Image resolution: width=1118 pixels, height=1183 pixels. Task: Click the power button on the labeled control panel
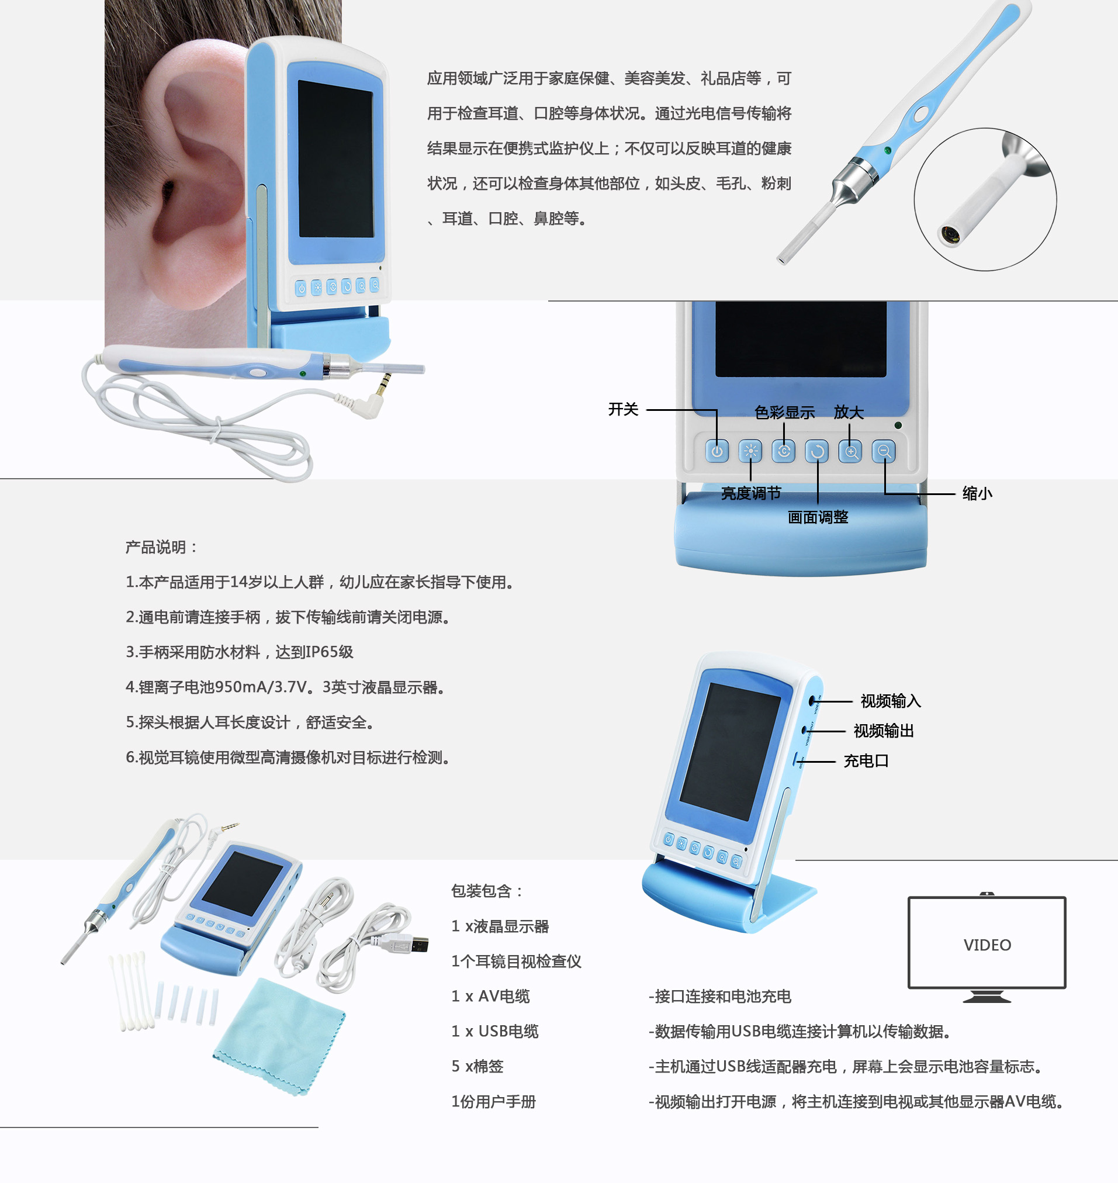coord(717,451)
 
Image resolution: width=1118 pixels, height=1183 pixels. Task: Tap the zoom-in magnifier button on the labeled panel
coord(850,451)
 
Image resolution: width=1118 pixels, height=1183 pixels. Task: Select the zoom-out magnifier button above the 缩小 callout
coord(884,451)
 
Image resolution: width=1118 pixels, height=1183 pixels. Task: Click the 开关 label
coord(623,409)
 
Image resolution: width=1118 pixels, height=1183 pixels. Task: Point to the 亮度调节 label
coord(751,493)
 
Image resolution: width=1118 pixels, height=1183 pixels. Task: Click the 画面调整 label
coord(818,517)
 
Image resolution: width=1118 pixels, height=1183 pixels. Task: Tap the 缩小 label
coord(977,493)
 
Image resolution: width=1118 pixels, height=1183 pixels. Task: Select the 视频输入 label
coord(890,701)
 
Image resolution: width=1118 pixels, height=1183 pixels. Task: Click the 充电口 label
coord(866,760)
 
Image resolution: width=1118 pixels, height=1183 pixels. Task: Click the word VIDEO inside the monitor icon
coord(987,945)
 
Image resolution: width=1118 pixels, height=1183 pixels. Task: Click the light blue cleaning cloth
coord(279,1037)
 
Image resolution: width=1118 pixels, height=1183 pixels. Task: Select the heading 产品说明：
coord(161,546)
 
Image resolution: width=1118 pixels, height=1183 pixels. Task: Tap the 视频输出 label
coord(884,731)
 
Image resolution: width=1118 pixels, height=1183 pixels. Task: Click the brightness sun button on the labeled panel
coord(750,451)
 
